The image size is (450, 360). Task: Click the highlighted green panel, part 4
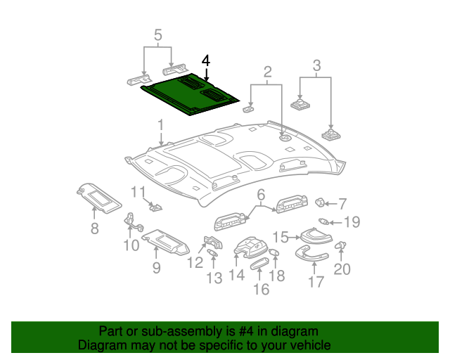(188, 95)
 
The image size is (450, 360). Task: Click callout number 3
(316, 67)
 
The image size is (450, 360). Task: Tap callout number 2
(267, 72)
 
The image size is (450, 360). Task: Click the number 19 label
(351, 222)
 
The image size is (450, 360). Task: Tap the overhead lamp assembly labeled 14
(249, 248)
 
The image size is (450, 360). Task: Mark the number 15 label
(281, 237)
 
